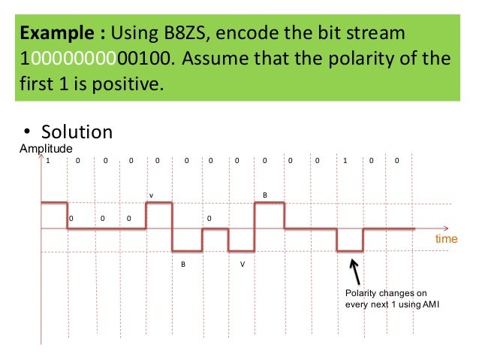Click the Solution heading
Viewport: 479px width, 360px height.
pos(75,132)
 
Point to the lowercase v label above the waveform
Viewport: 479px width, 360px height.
pos(151,195)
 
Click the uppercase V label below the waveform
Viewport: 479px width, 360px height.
pos(242,265)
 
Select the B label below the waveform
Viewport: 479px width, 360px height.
pos(182,265)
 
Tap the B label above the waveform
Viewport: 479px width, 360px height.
pos(264,195)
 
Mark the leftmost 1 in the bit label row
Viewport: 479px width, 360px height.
pos(48,161)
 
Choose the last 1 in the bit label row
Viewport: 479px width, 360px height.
pos(345,161)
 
